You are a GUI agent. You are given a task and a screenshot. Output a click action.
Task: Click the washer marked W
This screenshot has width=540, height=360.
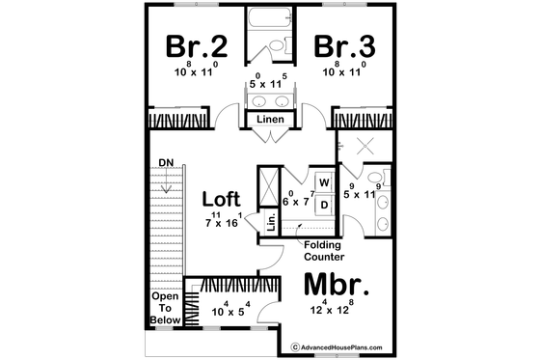click(x=324, y=182)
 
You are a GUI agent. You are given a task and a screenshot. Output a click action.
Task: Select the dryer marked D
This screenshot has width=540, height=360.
click(x=324, y=205)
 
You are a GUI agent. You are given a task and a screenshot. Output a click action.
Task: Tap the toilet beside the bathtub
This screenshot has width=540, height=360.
click(x=277, y=45)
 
